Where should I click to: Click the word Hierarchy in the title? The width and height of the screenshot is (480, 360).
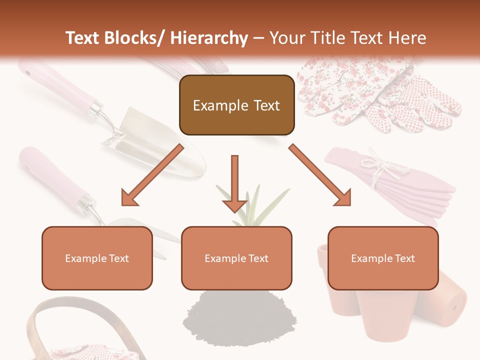coord(209,38)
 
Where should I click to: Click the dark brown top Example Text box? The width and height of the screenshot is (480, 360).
coord(236,105)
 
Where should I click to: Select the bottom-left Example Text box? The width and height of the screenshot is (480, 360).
coord(97,258)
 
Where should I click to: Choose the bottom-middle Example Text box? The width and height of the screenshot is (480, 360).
coord(236,258)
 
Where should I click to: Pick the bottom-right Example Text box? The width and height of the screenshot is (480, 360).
coord(383,258)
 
